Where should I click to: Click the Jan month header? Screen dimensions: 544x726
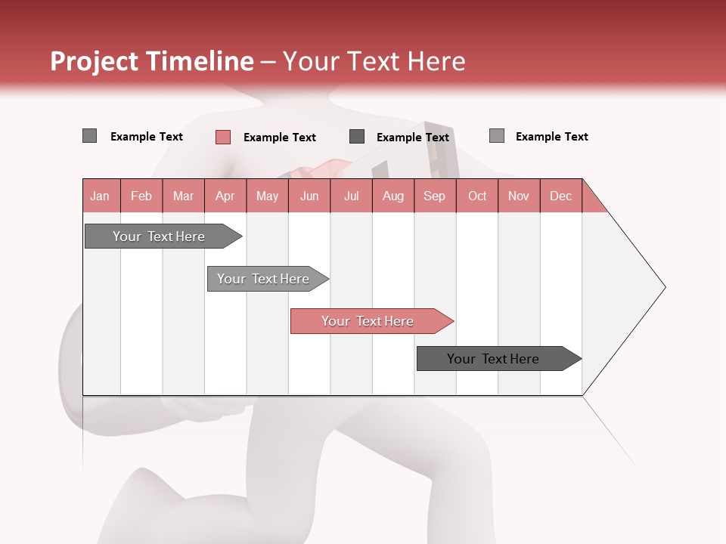(101, 196)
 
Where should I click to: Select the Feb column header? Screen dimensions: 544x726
(141, 196)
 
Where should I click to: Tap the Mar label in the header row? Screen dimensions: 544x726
(183, 196)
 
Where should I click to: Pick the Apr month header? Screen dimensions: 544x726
(225, 196)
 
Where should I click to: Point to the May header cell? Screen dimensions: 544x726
(267, 196)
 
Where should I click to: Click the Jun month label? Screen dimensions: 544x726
(309, 196)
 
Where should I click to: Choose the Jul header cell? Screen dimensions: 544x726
(351, 196)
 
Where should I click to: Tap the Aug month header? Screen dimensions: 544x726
(393, 196)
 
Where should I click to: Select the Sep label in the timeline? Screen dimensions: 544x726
(435, 196)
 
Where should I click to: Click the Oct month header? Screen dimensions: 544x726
(477, 196)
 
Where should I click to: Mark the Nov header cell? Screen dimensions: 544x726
(519, 196)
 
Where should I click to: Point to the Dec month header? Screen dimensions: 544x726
(561, 196)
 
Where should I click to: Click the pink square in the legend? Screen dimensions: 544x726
(223, 137)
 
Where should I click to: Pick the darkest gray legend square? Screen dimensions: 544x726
(357, 137)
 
